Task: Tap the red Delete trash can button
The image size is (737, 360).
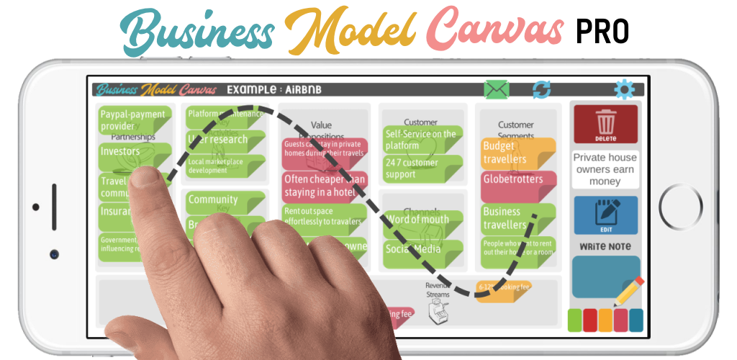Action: click(605, 124)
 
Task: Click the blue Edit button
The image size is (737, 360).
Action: click(605, 215)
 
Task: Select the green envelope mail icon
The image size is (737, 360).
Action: click(497, 90)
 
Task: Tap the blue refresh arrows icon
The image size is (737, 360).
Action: click(541, 90)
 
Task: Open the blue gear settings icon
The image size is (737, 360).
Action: click(624, 89)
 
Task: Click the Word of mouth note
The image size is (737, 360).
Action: click(422, 220)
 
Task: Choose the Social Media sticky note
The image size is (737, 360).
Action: click(422, 250)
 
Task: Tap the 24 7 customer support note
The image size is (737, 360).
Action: click(422, 168)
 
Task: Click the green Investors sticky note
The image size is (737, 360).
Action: click(130, 153)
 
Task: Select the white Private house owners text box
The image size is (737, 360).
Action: click(605, 169)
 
